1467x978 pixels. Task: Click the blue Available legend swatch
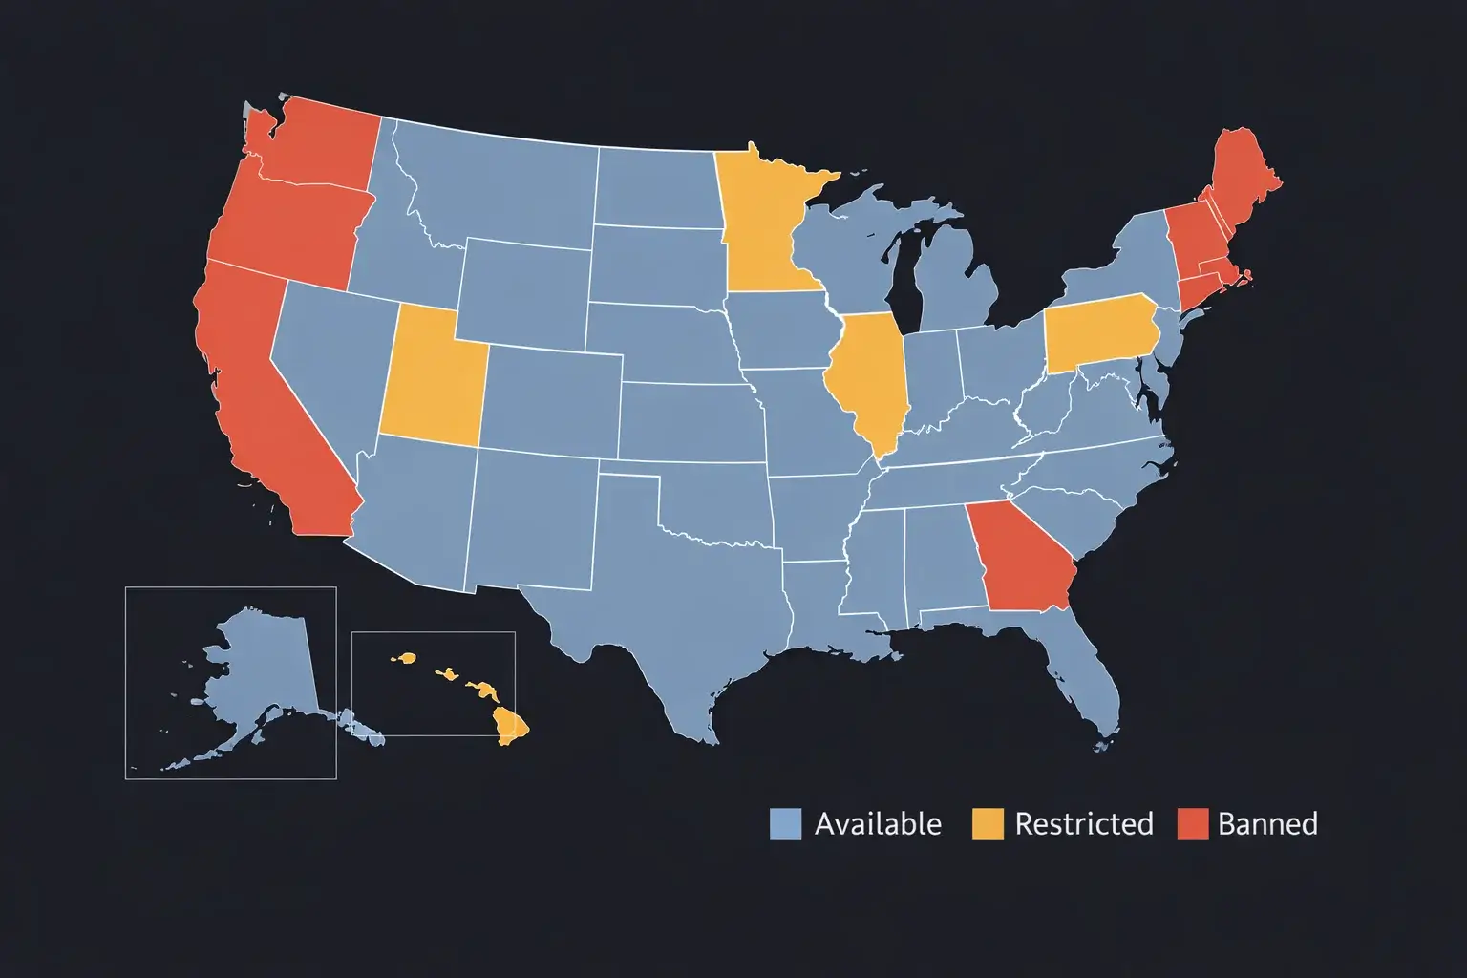(x=785, y=823)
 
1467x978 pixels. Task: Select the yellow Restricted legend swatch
(x=988, y=823)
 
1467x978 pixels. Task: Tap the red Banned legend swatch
(x=1192, y=823)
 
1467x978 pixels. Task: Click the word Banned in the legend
(x=1267, y=823)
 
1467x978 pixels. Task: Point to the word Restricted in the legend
(x=1083, y=823)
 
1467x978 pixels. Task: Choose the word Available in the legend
(x=878, y=823)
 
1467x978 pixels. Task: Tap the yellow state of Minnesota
(x=764, y=229)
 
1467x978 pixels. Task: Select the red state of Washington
(x=320, y=143)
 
